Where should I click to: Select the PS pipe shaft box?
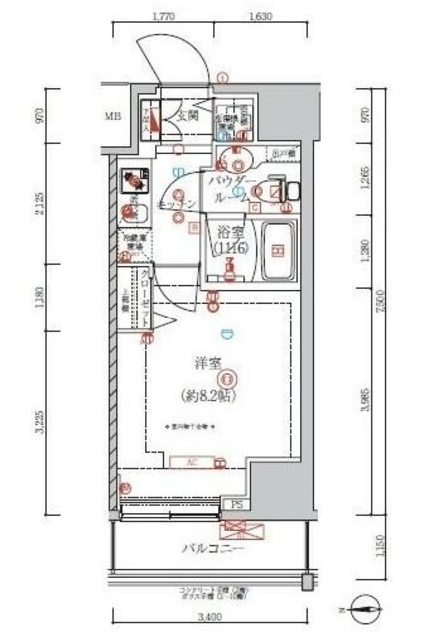tap(236, 505)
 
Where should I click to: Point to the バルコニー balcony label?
tap(206, 548)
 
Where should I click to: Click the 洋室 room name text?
tap(205, 364)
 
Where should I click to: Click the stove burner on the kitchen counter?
tap(130, 182)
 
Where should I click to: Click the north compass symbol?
tap(365, 605)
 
